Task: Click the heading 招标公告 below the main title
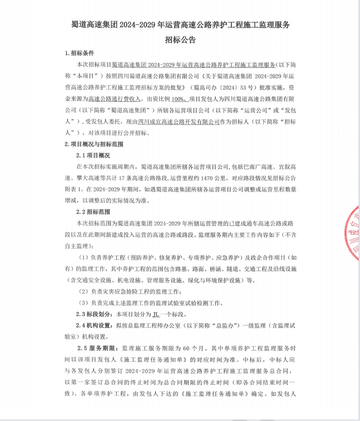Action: (180, 39)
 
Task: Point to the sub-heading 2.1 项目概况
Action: (94, 156)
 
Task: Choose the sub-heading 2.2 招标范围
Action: (94, 212)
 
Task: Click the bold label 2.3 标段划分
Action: (95, 314)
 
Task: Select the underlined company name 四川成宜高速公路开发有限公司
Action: (179, 121)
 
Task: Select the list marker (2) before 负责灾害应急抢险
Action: (83, 291)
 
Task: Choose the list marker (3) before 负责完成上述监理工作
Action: (83, 302)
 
